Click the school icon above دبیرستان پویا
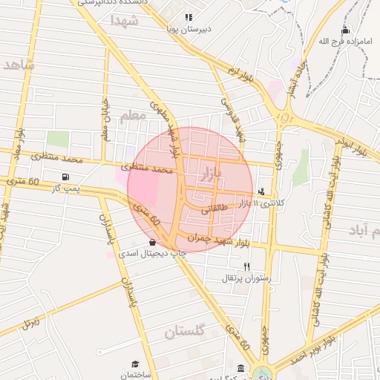(x=189, y=16)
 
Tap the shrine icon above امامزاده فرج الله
(x=345, y=30)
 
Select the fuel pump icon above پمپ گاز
(x=67, y=177)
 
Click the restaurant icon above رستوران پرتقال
(x=247, y=266)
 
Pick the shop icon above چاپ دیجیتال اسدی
(x=152, y=242)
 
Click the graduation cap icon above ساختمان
(x=135, y=364)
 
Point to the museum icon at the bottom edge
(x=241, y=369)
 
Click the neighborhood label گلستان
(x=184, y=333)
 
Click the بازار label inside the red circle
(x=211, y=175)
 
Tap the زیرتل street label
(x=30, y=321)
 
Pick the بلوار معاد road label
(x=18, y=142)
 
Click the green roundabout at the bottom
(x=261, y=373)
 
